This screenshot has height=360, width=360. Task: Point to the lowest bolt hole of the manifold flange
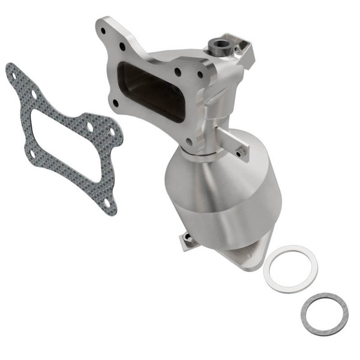pos(190,142)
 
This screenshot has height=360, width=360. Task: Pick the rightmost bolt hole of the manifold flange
pos(200,75)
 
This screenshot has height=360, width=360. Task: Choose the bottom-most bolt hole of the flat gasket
pos(107,203)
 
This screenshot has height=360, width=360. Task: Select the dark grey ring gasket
pos(325,314)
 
